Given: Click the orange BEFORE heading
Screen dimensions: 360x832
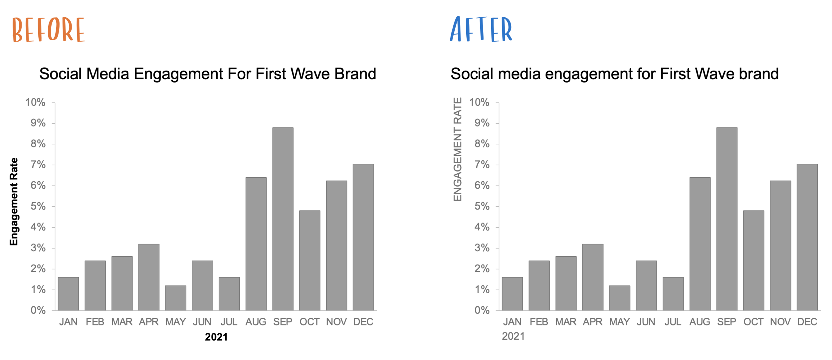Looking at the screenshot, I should tap(49, 30).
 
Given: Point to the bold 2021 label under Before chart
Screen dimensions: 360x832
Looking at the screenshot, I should tap(216, 337).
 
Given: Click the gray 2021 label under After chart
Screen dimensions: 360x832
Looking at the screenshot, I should tap(513, 336).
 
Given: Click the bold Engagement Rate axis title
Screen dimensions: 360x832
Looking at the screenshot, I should tap(14, 202).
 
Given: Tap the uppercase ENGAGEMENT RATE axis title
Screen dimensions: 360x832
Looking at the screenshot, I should tap(458, 149).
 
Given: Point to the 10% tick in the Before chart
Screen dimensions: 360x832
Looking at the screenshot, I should tap(35, 102).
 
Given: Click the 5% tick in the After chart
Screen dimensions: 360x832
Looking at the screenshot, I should tap(482, 206).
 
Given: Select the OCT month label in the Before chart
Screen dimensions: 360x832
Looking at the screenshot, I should tap(309, 322).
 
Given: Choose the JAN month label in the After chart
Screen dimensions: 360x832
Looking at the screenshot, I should tap(512, 322).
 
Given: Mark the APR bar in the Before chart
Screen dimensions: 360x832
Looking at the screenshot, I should tap(149, 277).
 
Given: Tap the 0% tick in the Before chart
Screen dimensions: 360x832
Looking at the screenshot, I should tap(38, 310).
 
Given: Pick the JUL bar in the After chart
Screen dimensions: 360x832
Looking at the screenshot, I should tap(673, 294).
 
